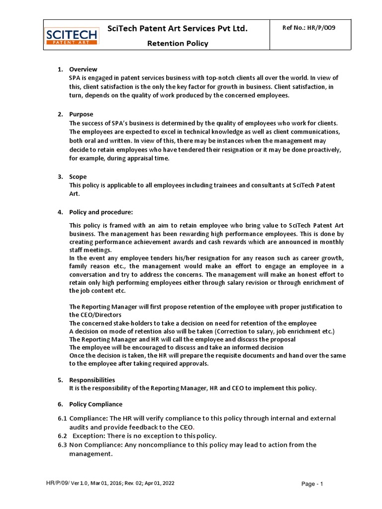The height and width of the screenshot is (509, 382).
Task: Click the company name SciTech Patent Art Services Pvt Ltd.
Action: point(177,29)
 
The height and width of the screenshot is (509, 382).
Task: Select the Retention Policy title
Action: point(177,43)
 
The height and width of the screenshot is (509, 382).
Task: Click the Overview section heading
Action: point(83,69)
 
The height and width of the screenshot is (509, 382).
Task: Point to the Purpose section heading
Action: point(81,114)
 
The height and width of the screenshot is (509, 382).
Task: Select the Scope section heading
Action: point(78,176)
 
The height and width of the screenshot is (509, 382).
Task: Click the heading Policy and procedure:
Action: point(101,212)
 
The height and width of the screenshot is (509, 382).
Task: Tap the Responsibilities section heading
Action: point(92,380)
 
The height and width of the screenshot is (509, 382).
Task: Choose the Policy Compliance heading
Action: point(95,404)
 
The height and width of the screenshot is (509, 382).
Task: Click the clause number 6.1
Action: point(62,419)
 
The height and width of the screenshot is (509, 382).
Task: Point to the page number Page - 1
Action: point(312,484)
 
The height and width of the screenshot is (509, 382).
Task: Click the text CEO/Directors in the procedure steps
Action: point(95,315)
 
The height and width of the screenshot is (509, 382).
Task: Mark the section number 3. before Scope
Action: point(60,176)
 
